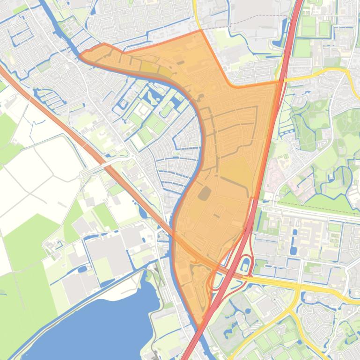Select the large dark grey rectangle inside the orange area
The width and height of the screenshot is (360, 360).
(205, 193)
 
